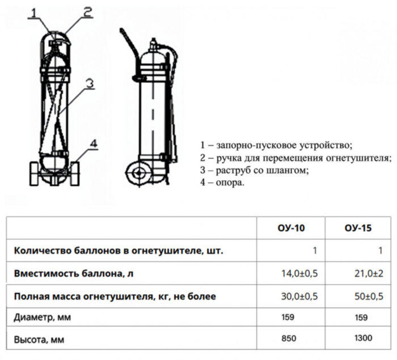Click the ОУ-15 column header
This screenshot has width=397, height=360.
(358, 228)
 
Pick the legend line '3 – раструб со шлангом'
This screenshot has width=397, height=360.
(254, 170)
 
